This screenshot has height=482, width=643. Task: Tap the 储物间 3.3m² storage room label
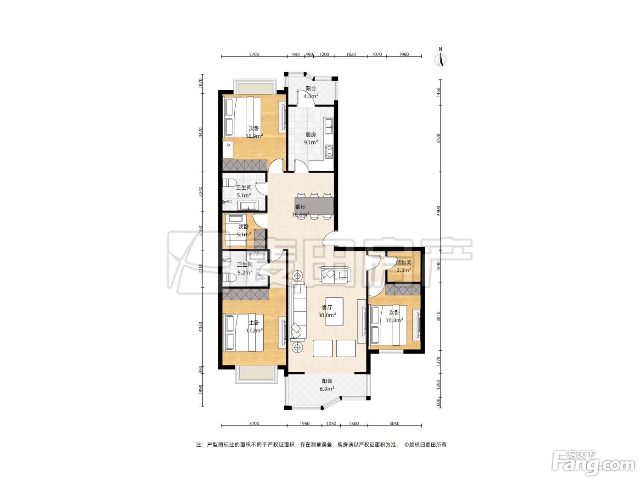coord(404,266)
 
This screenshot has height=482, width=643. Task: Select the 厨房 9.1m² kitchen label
coord(311,139)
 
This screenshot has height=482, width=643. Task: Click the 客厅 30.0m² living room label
coord(327,311)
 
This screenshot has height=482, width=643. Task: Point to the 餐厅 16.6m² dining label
coord(300,211)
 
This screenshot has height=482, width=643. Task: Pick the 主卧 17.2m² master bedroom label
coord(254,326)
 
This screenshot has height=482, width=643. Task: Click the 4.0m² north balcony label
coord(311,92)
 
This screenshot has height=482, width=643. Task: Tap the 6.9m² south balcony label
coord(327,385)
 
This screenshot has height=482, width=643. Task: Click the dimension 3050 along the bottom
coord(394,423)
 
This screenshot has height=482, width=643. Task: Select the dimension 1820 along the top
coord(351,54)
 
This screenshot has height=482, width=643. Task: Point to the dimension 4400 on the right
coord(439,211)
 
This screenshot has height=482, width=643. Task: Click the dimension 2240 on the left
coord(200,192)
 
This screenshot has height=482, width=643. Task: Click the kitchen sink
coord(329,126)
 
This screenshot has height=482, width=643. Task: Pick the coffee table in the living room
coord(334,312)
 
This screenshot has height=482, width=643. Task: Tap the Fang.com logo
coord(593,464)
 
